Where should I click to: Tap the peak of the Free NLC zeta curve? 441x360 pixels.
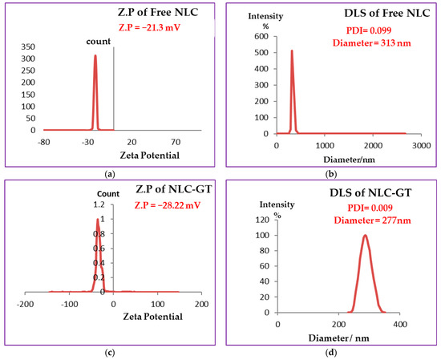click(95, 55)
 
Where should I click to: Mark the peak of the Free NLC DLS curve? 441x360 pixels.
click(292, 51)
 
